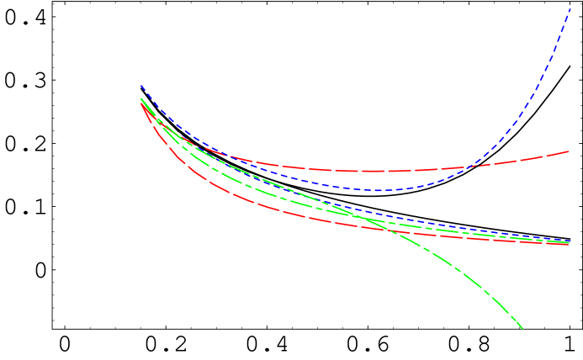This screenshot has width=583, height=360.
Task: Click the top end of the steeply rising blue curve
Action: click(570, 7)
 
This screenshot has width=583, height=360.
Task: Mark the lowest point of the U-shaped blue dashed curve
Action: click(378, 190)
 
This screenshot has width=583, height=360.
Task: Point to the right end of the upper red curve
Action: click(569, 152)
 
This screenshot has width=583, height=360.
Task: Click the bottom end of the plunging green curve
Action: click(522, 328)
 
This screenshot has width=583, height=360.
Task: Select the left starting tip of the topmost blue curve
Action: click(141, 86)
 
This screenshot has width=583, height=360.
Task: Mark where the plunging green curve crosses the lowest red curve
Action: click(394, 229)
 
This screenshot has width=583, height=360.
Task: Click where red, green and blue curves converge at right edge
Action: click(568, 242)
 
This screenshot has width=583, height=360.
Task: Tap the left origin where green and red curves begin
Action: click(141, 100)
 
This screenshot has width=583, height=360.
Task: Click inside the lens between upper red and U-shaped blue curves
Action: click(337, 177)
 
